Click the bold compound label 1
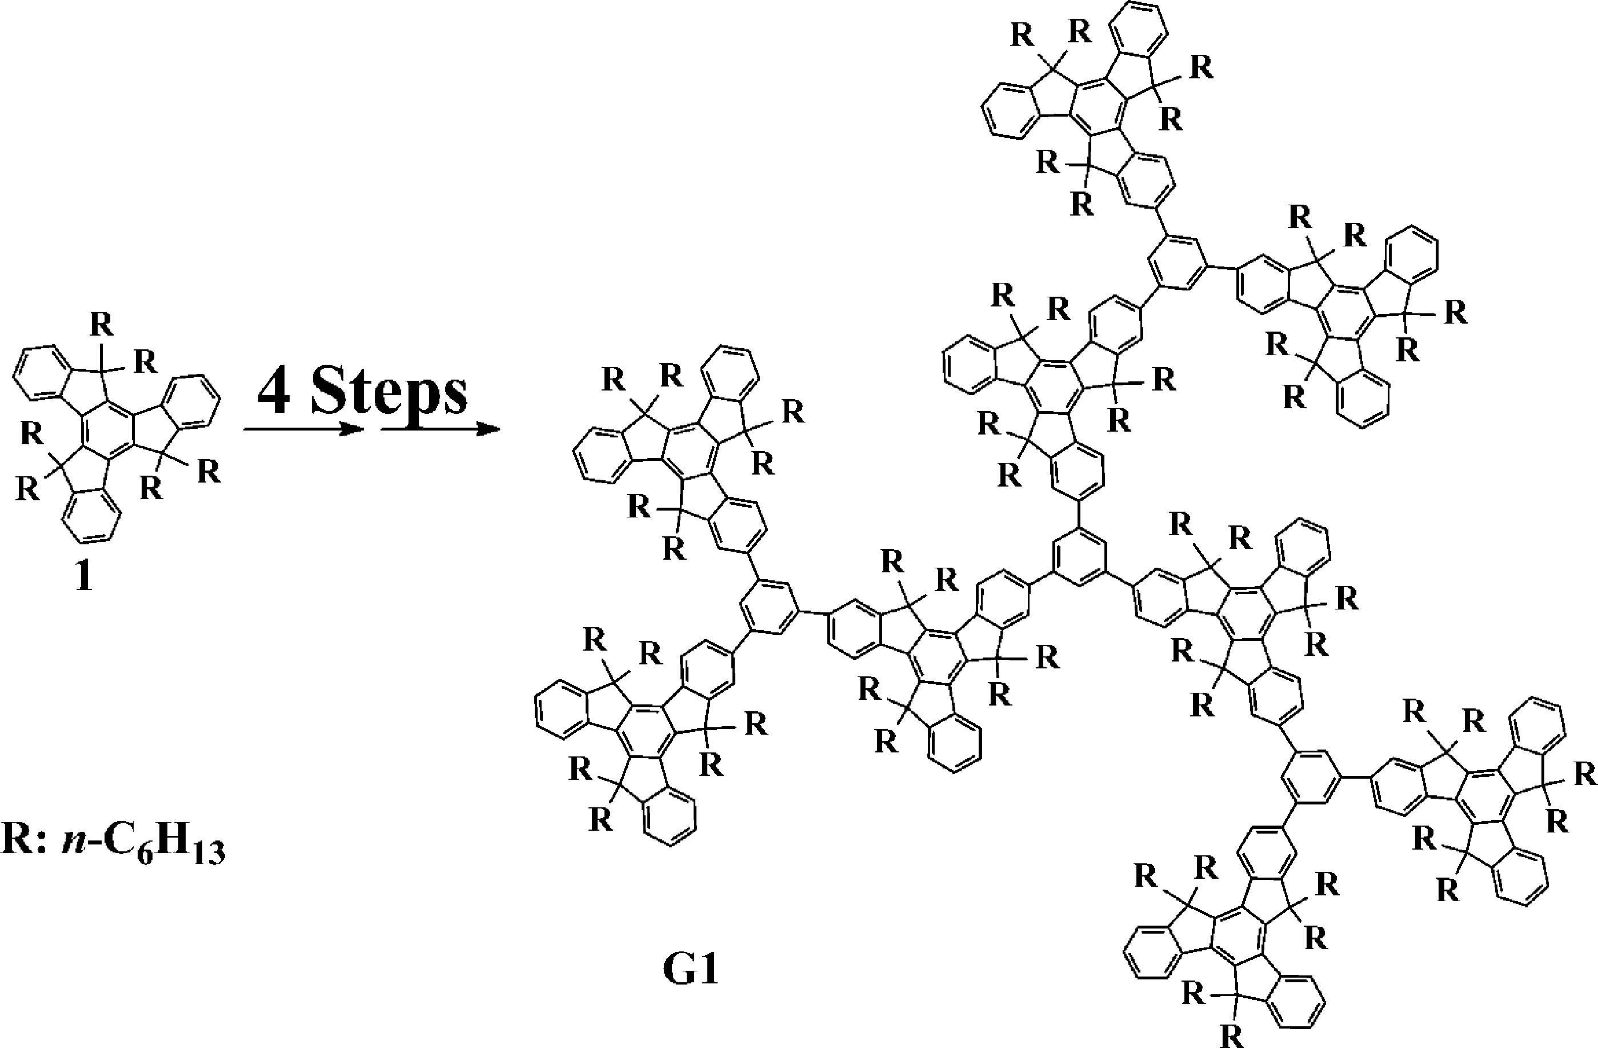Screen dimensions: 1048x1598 [x=83, y=577]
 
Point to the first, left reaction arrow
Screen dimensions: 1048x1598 [x=303, y=429]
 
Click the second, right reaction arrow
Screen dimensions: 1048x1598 [x=440, y=429]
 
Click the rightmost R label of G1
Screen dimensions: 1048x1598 [x=1585, y=775]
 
